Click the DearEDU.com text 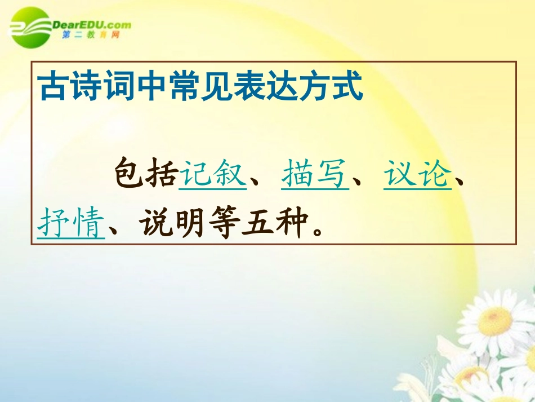click(91, 24)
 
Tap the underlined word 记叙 click(213, 173)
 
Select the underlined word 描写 click(315, 173)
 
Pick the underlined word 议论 click(418, 173)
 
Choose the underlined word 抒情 click(72, 223)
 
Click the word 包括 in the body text click(145, 173)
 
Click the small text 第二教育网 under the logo click(90, 36)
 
